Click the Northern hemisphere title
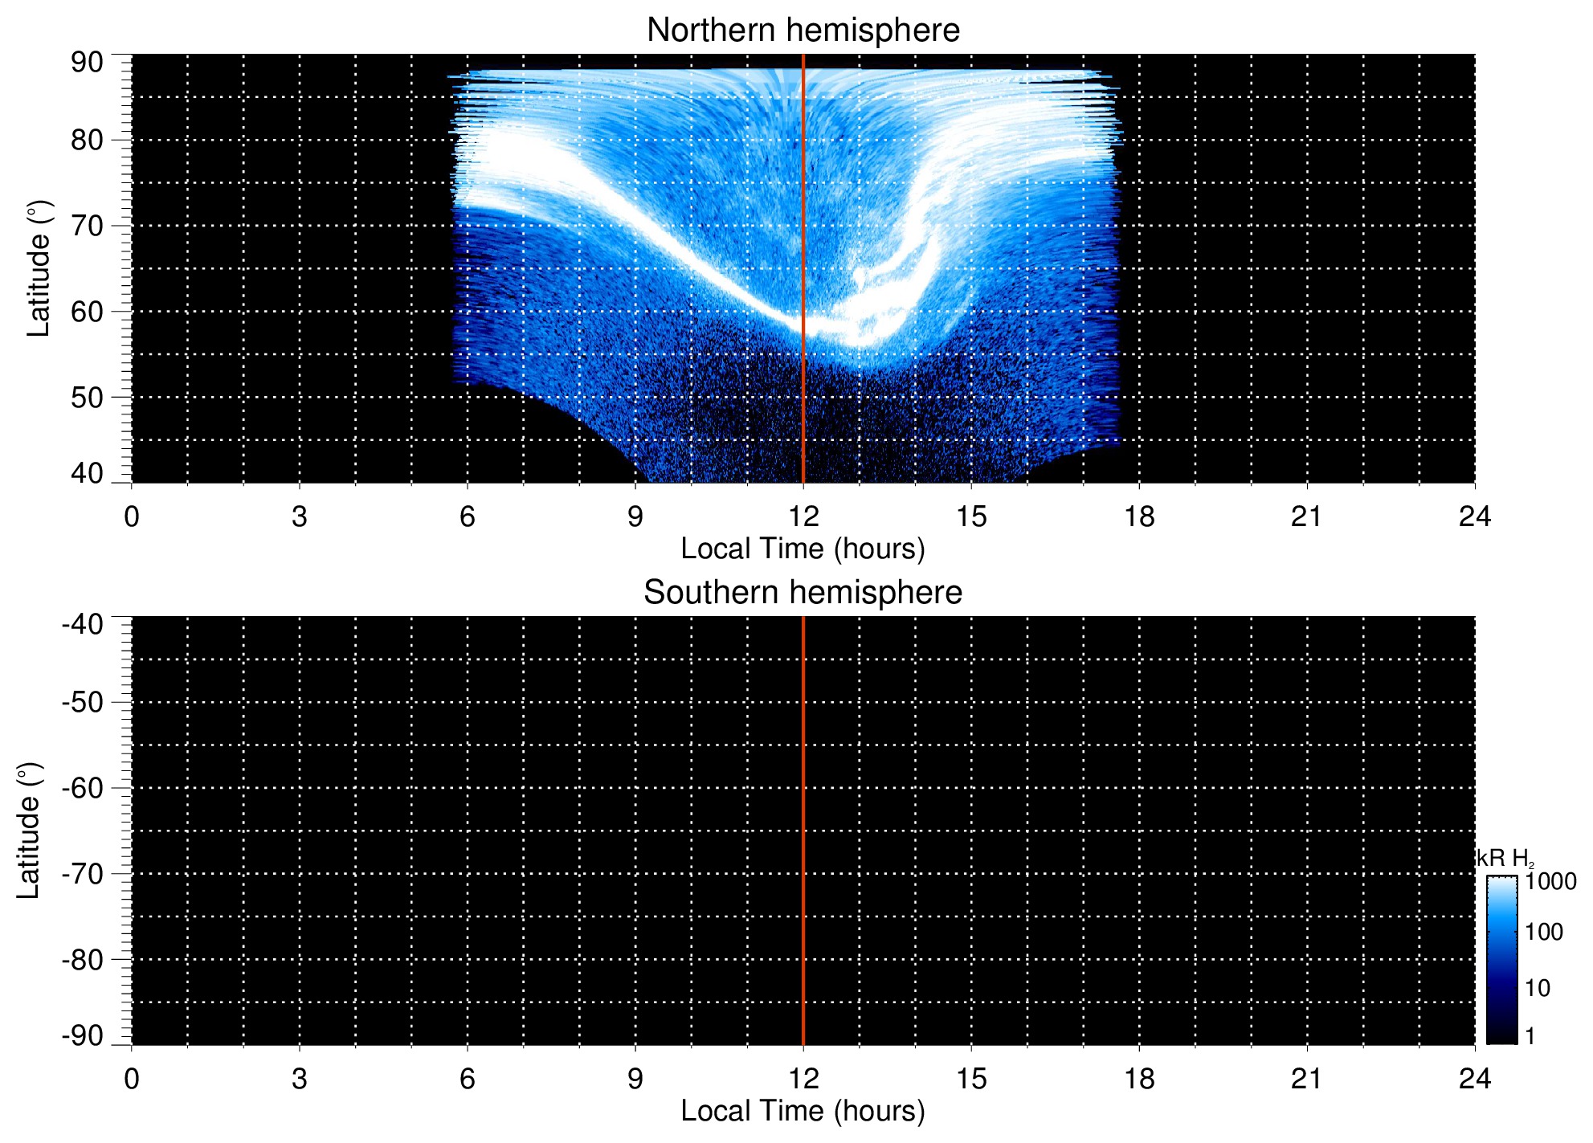click(803, 31)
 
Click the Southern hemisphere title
click(803, 593)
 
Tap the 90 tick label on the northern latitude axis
click(87, 63)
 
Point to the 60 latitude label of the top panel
click(87, 312)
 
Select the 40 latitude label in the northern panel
click(87, 473)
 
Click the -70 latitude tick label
click(82, 874)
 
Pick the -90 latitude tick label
click(82, 1035)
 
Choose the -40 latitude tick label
click(82, 624)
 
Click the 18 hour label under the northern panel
click(1138, 516)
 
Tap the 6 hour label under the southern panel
click(468, 1079)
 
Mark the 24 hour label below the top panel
click(1474, 516)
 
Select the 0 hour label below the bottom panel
click(132, 1079)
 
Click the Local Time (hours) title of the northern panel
click(803, 549)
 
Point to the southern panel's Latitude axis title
click(29, 831)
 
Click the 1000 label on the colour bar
click(1550, 882)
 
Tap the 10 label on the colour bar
click(1538, 988)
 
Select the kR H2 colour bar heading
click(1504, 859)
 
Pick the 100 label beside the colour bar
click(1544, 933)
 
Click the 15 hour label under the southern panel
click(970, 1079)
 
